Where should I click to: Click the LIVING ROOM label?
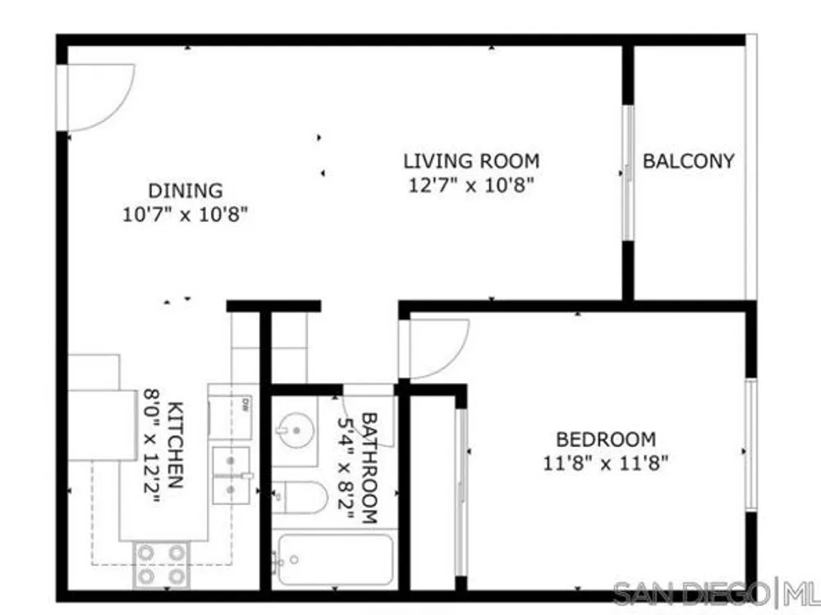click(471, 161)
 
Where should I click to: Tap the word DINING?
click(186, 191)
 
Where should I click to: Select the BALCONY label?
click(689, 161)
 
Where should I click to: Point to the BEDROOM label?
click(606, 440)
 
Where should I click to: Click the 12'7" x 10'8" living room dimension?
click(471, 185)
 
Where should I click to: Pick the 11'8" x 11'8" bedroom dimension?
click(606, 463)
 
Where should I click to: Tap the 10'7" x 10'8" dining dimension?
click(185, 214)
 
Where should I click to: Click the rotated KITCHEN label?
click(175, 445)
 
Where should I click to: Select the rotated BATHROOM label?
click(369, 468)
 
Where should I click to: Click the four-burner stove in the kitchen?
click(161, 565)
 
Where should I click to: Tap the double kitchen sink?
click(231, 476)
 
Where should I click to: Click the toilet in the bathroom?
click(300, 498)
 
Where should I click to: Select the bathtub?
click(333, 559)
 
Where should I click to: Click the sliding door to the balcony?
click(628, 173)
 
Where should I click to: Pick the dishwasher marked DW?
click(231, 417)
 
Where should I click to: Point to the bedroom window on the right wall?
click(751, 444)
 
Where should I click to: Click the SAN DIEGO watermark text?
click(691, 594)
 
